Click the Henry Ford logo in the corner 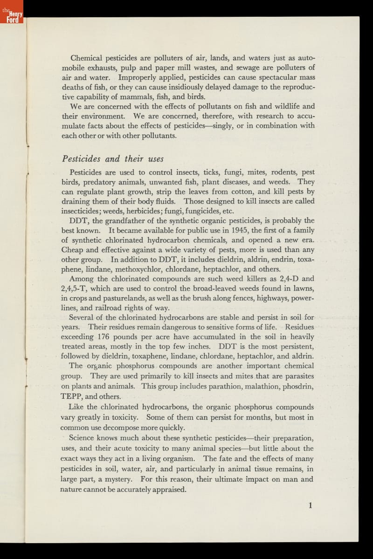point(12,12)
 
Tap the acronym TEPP point(71,397)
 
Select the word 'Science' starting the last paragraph point(82,438)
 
